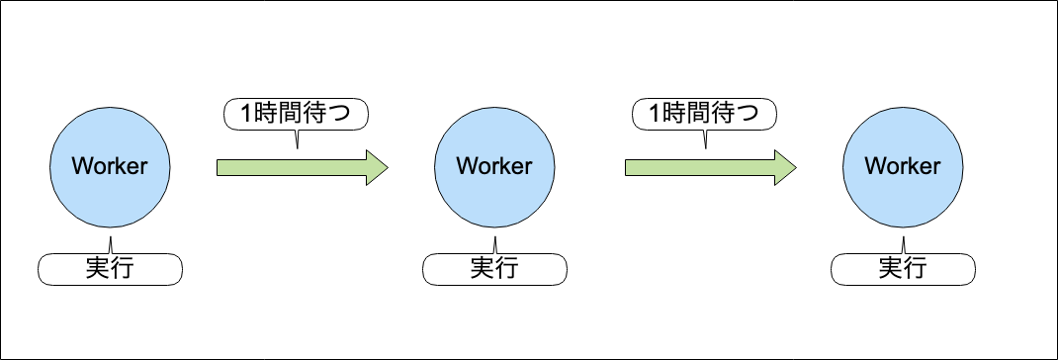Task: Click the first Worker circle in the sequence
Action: tap(110, 166)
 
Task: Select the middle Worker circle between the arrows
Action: tap(493, 166)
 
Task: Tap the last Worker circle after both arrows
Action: tap(902, 166)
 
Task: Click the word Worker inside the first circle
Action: tap(110, 166)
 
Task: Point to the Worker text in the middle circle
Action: tap(493, 166)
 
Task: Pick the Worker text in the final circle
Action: tap(902, 166)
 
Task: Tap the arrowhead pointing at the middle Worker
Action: tap(376, 167)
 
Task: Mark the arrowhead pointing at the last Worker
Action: tap(785, 167)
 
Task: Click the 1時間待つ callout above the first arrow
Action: tap(296, 114)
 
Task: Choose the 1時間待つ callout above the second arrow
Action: tap(704, 114)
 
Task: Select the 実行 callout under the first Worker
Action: tap(111, 267)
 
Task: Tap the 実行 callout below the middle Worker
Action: tap(494, 267)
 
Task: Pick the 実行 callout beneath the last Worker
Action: tap(903, 267)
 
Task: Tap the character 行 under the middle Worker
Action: tap(506, 267)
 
